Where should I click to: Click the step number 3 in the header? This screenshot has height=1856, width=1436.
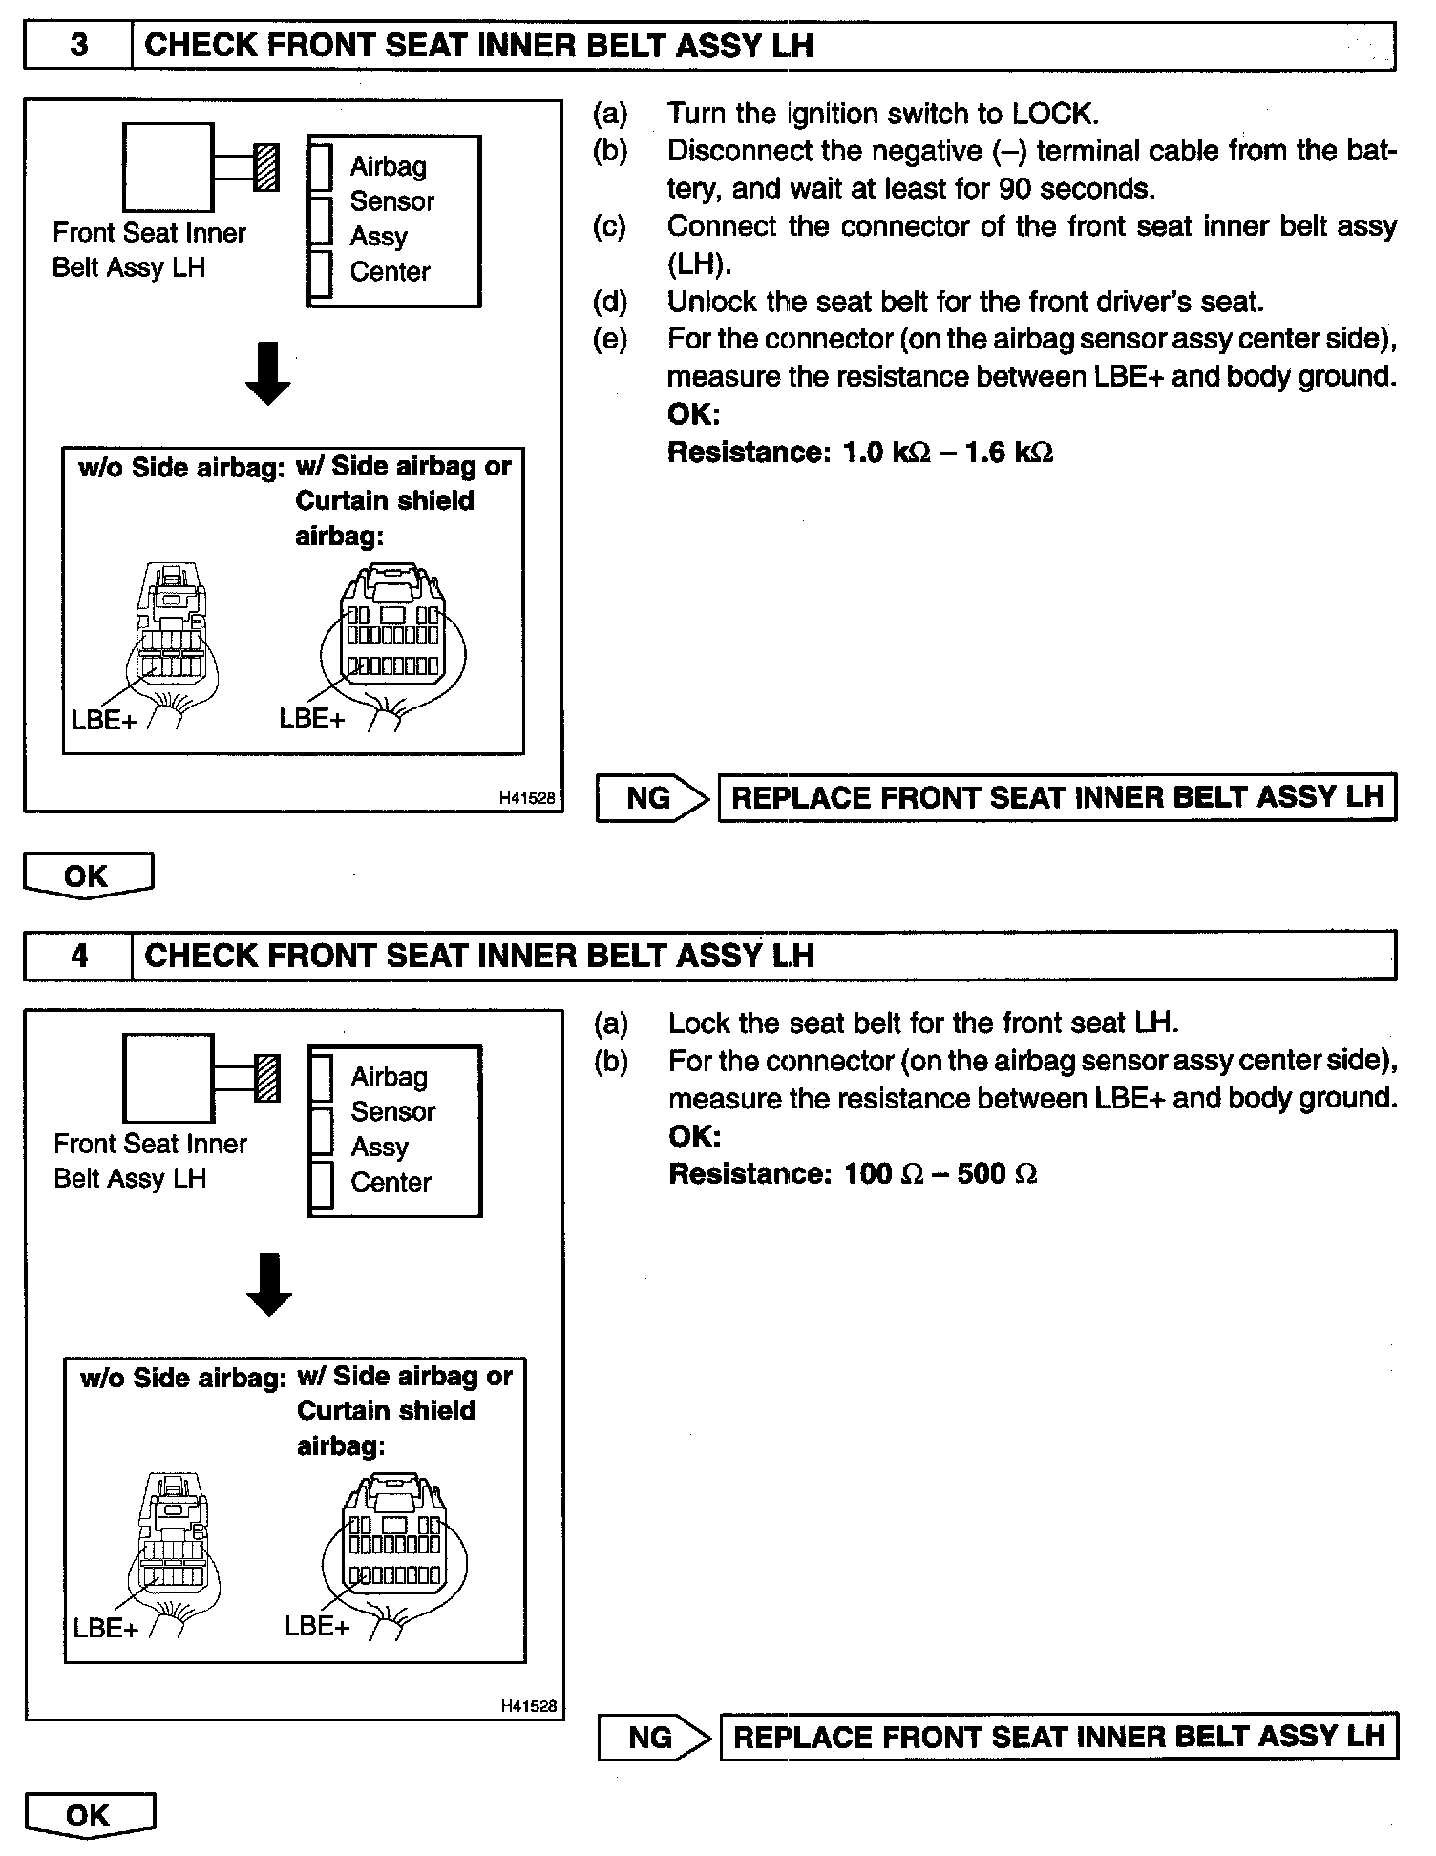coord(78,46)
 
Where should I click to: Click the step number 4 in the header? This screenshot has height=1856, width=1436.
coord(79,956)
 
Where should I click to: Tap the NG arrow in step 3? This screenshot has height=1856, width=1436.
coord(654,797)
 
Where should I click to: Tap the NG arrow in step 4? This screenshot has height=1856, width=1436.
coord(656,1737)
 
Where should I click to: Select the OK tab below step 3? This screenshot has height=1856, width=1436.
coord(88,875)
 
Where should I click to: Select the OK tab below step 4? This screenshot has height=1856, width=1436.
coord(89,1815)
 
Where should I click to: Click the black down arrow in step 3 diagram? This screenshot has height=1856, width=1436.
coord(267,372)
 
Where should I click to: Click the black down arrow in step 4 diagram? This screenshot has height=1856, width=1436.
coord(269,1283)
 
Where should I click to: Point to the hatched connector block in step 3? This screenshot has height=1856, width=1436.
coord(266,168)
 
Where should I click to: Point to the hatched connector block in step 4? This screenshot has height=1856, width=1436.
coord(268,1078)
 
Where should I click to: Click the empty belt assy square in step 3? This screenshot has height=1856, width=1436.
coord(168,167)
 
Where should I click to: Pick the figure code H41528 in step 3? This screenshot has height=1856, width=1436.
coord(527,798)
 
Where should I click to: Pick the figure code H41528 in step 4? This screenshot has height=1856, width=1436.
coord(528,1706)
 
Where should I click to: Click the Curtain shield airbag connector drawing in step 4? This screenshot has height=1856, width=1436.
coord(394,1551)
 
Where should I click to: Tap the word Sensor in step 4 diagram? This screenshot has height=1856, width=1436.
coord(392,1111)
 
